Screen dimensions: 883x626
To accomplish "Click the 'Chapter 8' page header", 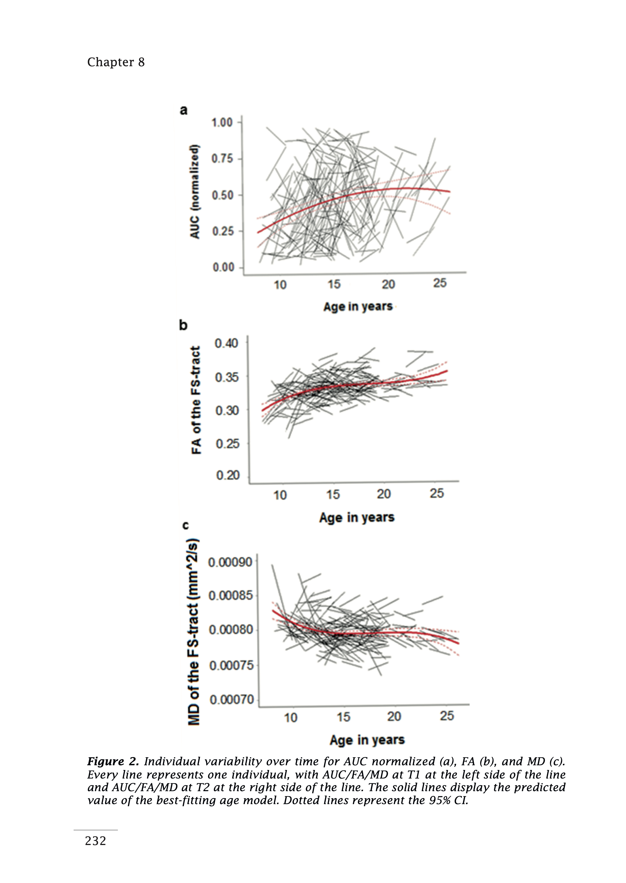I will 116,62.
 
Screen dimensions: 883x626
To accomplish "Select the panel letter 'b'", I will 183,325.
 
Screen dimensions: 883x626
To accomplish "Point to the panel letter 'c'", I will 186,525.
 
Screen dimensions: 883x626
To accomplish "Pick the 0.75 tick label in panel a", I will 222,159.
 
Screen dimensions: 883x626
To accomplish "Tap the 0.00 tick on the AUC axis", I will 223,267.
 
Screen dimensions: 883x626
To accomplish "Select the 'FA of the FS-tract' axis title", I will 196,400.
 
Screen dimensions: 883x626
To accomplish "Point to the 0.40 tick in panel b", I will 227,343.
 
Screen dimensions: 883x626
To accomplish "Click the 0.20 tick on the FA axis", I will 227,475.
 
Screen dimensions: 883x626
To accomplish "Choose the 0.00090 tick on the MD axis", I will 230,562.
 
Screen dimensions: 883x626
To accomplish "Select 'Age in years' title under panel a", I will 358,307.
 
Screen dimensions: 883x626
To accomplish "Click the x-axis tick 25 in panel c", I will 447,716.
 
